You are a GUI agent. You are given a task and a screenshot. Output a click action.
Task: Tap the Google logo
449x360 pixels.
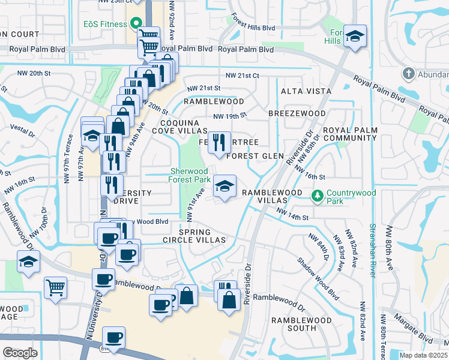pos(20,353)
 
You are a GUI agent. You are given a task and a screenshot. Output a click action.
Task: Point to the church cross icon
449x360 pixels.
pos(408,74)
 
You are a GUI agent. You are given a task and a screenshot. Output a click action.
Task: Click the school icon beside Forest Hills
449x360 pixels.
pos(355,37)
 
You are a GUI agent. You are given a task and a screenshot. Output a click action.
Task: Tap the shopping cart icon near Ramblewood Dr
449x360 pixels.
pos(55,287)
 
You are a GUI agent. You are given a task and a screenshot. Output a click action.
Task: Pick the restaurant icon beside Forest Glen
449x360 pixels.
pos(219,142)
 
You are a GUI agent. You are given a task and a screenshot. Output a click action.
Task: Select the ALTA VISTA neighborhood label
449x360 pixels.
pos(306,91)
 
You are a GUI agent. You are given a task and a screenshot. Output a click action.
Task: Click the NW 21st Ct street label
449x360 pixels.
pos(242,76)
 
